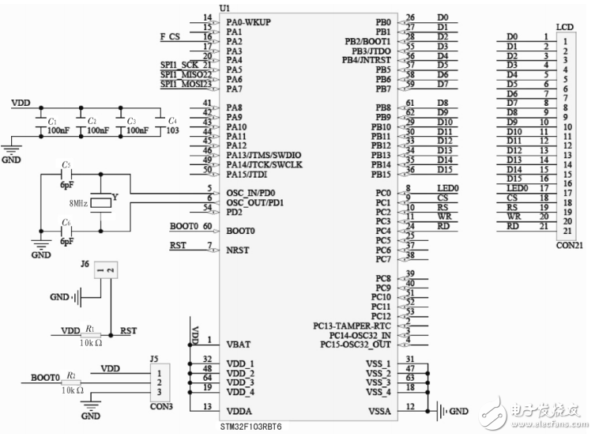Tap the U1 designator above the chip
[x=203, y=7]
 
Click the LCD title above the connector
[x=565, y=27]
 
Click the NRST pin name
[x=238, y=249]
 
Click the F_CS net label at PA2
[x=170, y=36]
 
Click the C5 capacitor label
[x=66, y=164]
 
